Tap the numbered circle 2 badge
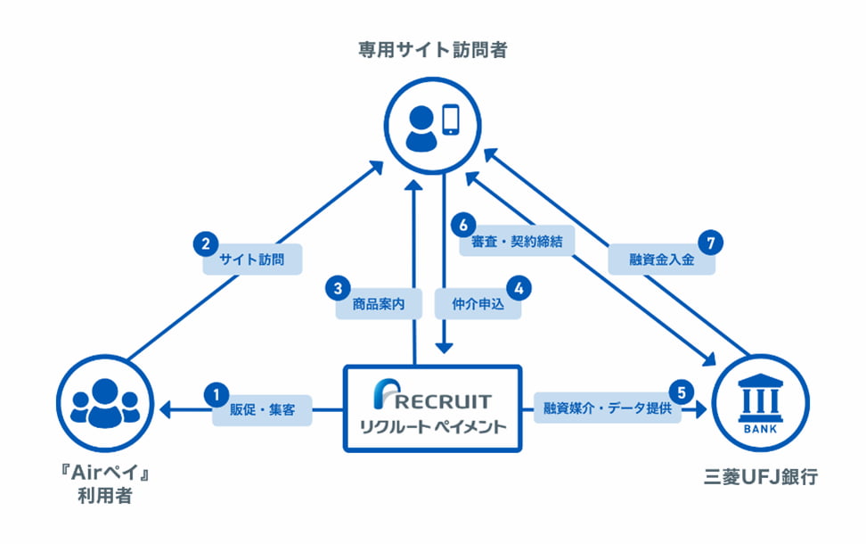coord(206,243)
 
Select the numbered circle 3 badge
coord(337,287)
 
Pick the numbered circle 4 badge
coord(518,287)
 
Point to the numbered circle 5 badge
coord(682,392)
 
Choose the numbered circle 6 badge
coord(460,223)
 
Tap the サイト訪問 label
coord(259,261)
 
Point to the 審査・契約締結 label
coord(516,243)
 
